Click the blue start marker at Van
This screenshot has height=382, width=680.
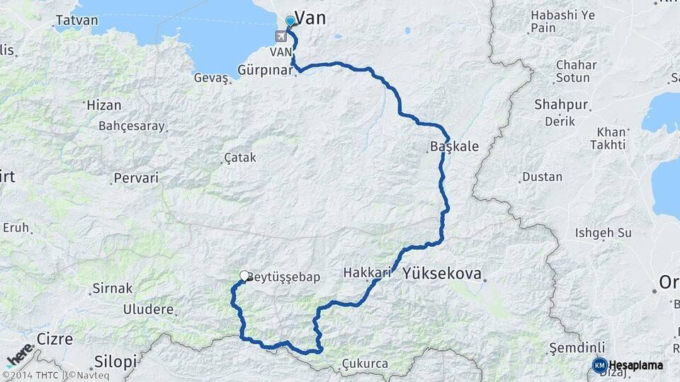[290, 21]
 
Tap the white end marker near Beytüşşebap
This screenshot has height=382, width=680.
[244, 276]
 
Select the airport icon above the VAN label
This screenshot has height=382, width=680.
[282, 37]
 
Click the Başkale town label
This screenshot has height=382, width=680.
[454, 147]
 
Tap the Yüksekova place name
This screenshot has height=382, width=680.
[441, 273]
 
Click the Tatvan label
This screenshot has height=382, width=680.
[76, 20]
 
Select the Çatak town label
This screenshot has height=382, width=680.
[239, 157]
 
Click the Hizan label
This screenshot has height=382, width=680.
[103, 105]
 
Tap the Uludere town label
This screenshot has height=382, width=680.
[148, 309]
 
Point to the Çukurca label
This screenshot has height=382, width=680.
[365, 364]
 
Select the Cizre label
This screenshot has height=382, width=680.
[55, 339]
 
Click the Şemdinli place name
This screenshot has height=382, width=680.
[577, 348]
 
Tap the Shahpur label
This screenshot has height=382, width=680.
[561, 105]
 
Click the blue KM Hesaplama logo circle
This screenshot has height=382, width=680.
[599, 365]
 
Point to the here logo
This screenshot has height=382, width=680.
[19, 354]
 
